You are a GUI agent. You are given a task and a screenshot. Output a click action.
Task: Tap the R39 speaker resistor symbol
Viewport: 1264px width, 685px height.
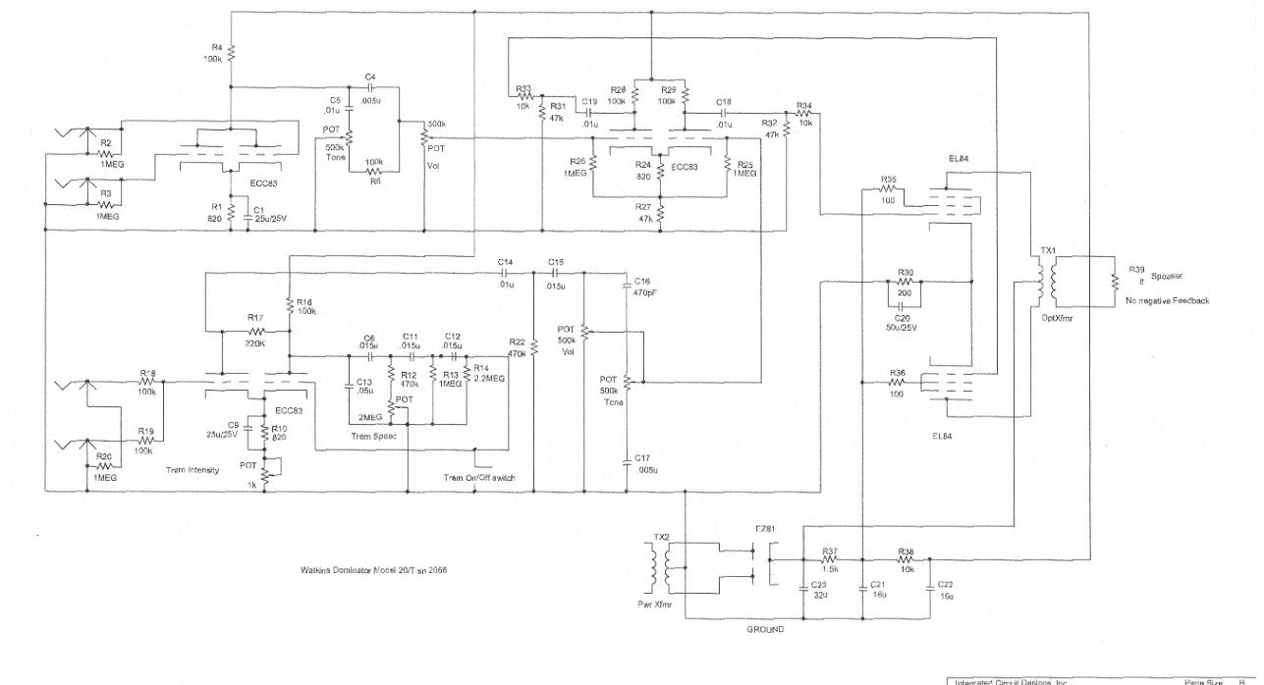pos(1115,281)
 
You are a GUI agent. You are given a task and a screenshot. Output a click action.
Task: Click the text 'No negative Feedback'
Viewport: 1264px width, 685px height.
pos(1168,300)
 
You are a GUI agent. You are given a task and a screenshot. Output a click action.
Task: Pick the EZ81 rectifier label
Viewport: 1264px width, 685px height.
pos(765,530)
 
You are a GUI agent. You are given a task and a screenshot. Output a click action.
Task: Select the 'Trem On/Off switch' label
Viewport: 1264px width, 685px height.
pos(479,478)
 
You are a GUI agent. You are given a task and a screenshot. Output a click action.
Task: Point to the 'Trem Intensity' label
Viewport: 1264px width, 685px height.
pos(192,470)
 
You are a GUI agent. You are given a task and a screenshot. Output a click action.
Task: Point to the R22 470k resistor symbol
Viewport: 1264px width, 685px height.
pos(533,346)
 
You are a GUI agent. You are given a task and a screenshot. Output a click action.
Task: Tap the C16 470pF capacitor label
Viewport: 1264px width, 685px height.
pos(643,286)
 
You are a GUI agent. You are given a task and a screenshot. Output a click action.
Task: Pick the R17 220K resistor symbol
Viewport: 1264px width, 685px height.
pos(254,332)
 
